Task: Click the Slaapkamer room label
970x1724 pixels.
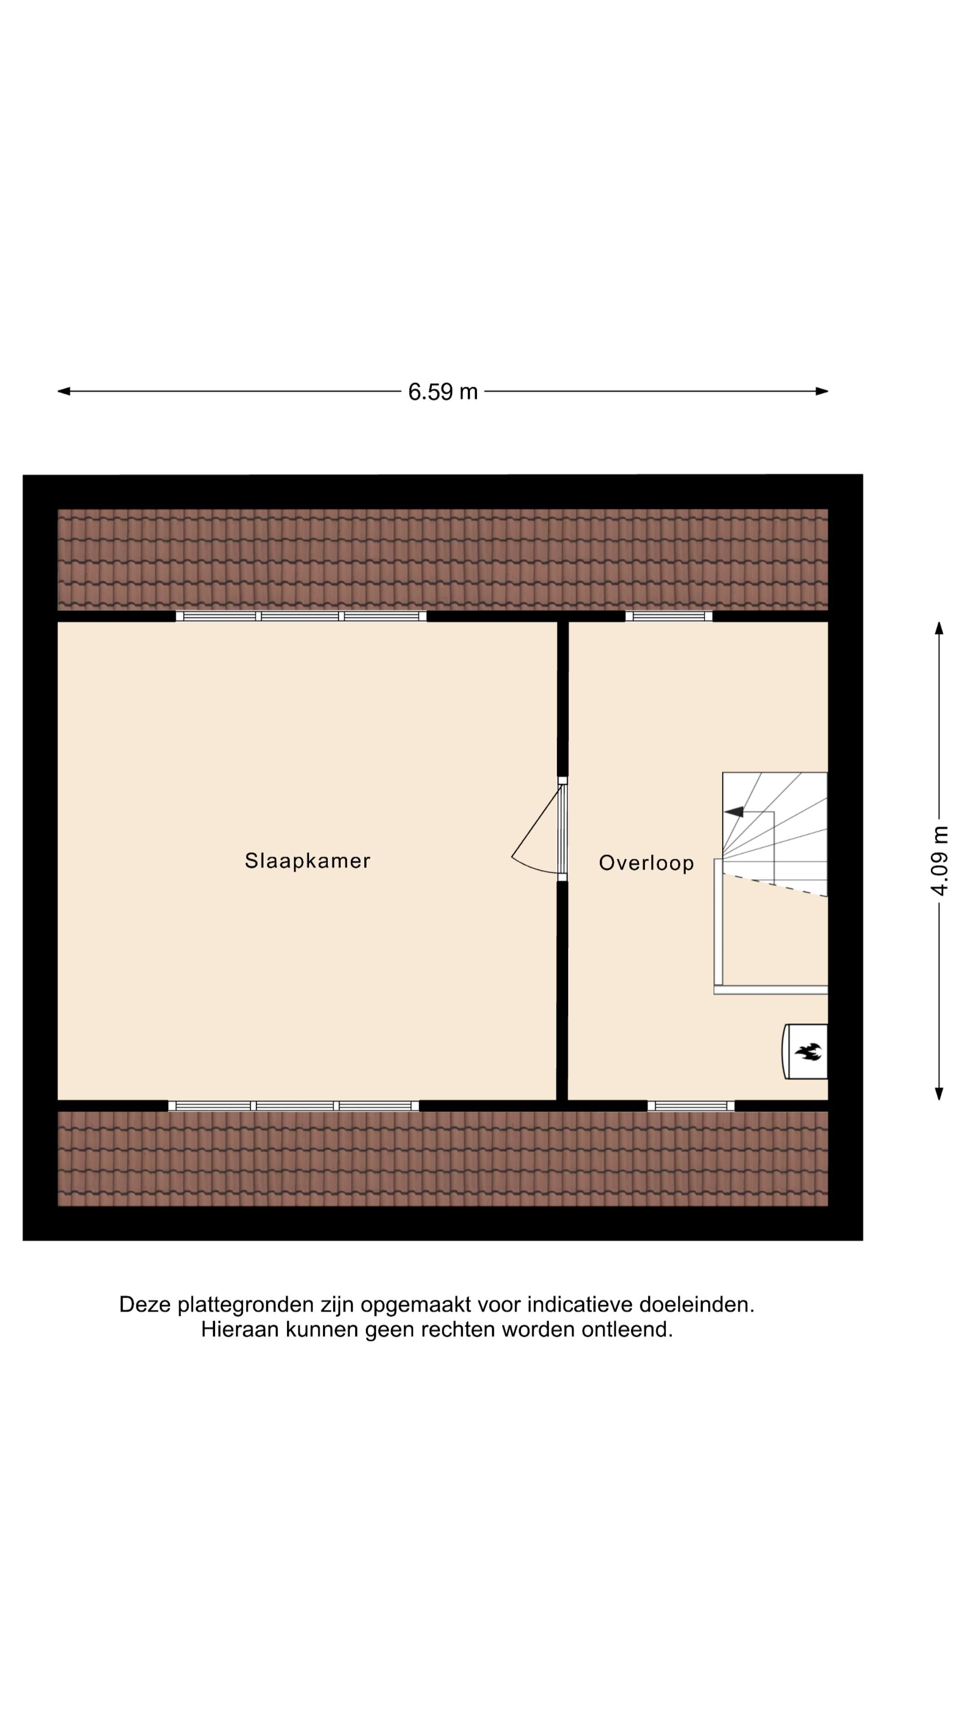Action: point(307,861)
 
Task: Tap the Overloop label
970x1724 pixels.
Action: point(646,863)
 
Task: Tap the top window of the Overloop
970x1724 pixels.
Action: point(669,616)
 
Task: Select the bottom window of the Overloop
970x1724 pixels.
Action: point(690,1106)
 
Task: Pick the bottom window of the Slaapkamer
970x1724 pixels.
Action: point(293,1106)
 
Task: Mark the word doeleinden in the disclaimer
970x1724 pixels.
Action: point(696,1305)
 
